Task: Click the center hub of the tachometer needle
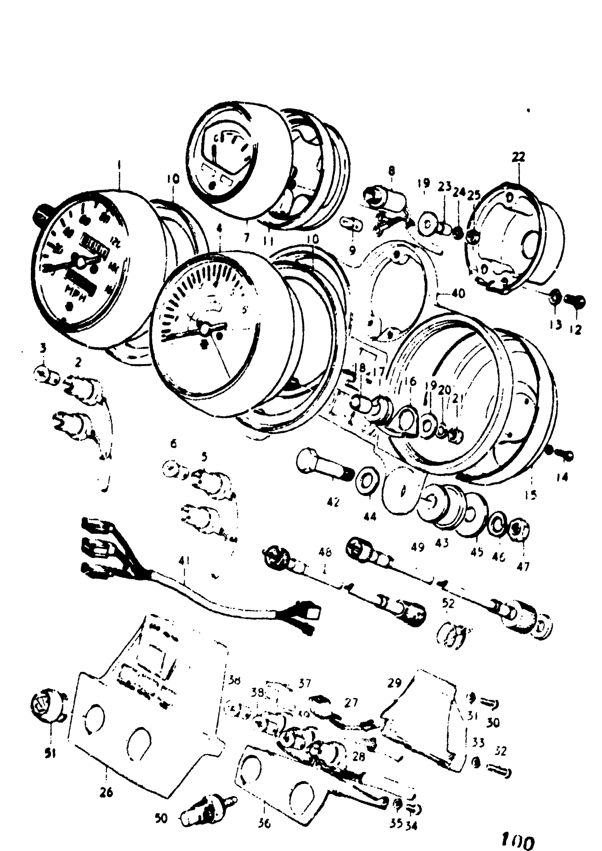[x=204, y=328]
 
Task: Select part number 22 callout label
[x=518, y=157]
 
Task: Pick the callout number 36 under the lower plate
[x=263, y=822]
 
